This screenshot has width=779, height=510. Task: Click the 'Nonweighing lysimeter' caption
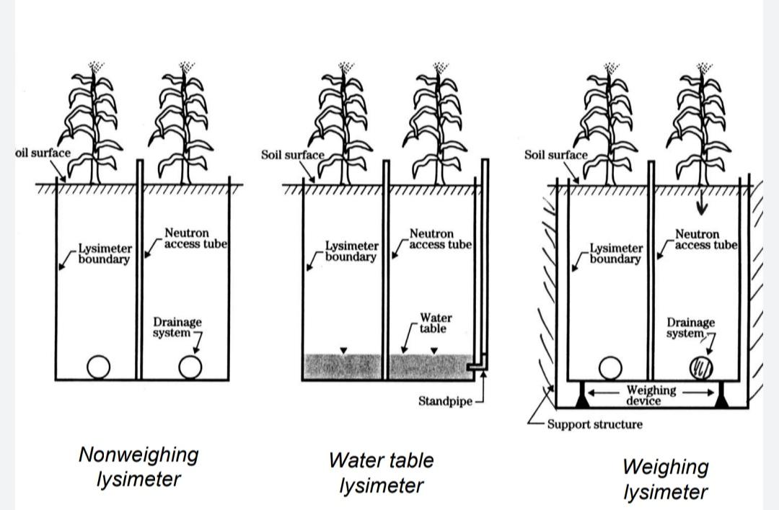pyautogui.click(x=138, y=467)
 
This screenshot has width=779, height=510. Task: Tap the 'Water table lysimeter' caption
pyautogui.click(x=381, y=473)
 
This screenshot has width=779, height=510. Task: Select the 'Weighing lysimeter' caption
pyautogui.click(x=665, y=479)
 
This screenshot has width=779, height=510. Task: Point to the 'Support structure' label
pyautogui.click(x=594, y=424)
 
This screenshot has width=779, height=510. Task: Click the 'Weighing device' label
pyautogui.click(x=651, y=395)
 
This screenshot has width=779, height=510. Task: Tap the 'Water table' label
pyautogui.click(x=435, y=323)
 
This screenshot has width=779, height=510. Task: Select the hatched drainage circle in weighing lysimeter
pyautogui.click(x=701, y=368)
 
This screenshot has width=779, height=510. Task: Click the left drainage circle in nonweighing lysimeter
pyautogui.click(x=99, y=367)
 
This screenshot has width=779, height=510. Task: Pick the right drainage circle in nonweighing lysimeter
pyautogui.click(x=190, y=367)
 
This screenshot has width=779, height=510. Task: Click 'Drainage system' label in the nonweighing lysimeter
pyautogui.click(x=177, y=328)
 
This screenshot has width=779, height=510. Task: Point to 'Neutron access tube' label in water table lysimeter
pyautogui.click(x=440, y=239)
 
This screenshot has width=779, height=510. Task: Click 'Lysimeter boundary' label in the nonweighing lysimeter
pyautogui.click(x=105, y=254)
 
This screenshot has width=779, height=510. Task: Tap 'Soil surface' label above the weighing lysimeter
pyautogui.click(x=555, y=155)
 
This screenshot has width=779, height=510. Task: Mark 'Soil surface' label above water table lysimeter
pyautogui.click(x=292, y=155)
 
